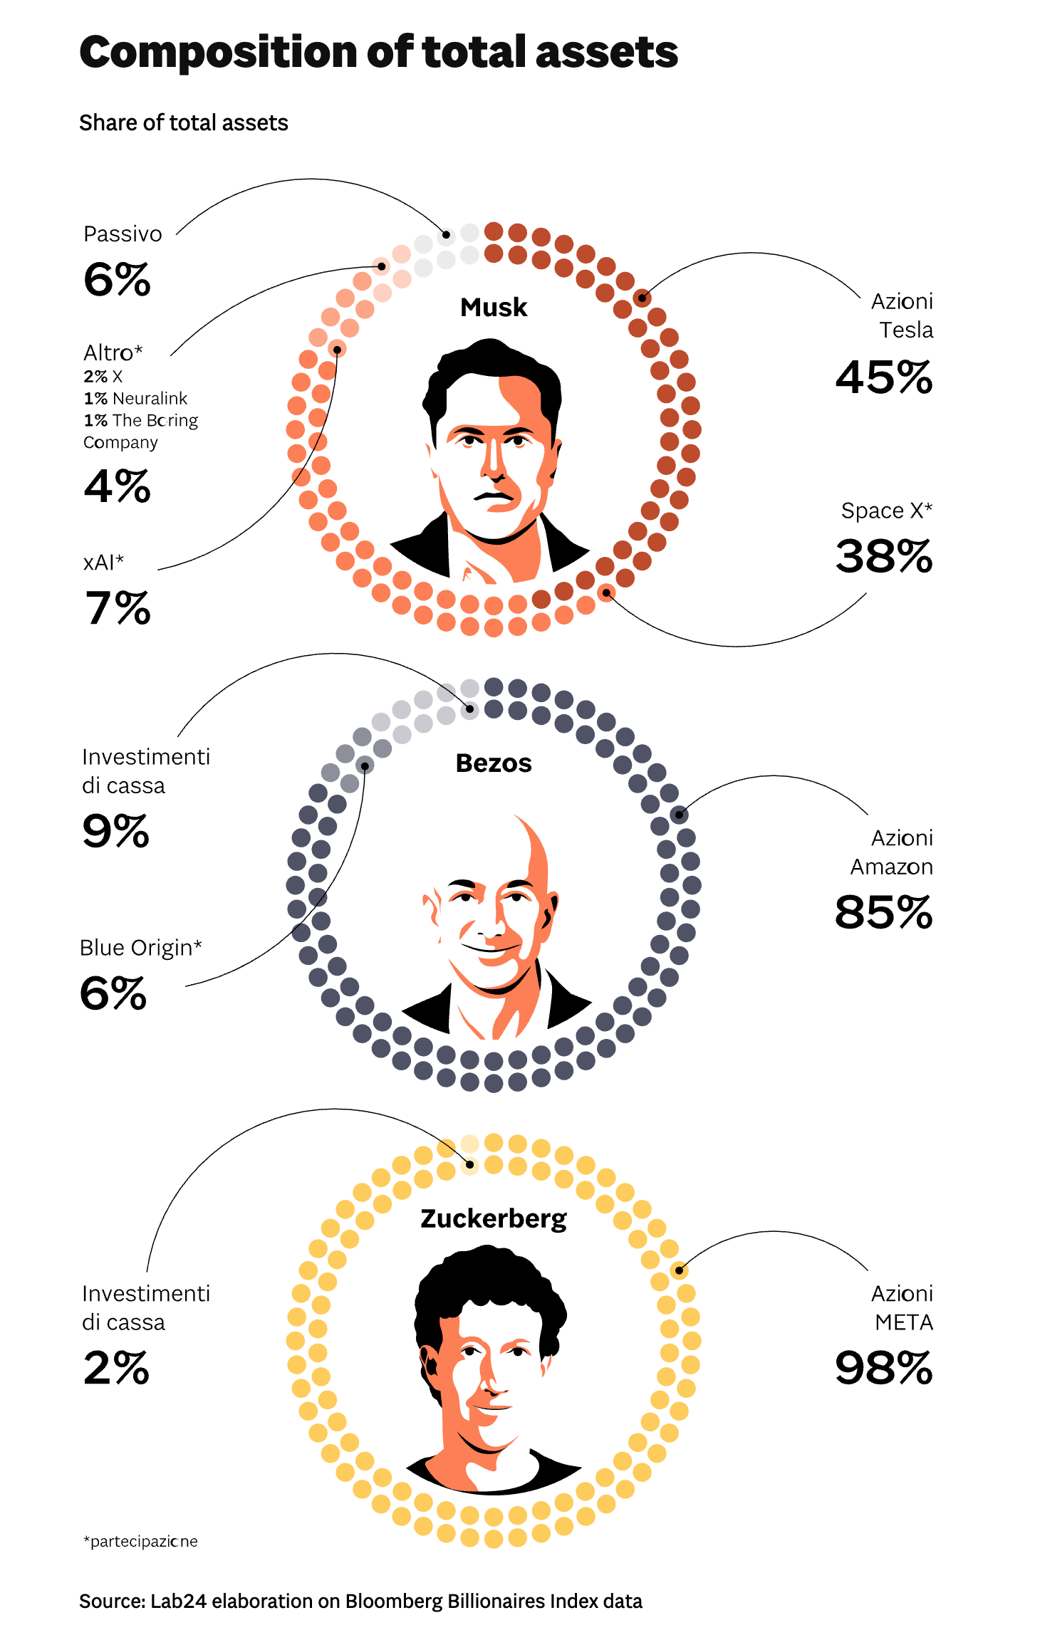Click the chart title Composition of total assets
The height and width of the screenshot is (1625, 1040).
click(x=378, y=53)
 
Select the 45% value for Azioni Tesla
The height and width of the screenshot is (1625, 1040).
click(x=883, y=377)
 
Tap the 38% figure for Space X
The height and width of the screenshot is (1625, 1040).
click(x=883, y=556)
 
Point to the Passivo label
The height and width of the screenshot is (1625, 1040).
click(x=123, y=234)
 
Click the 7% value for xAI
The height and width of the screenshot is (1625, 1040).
click(x=118, y=608)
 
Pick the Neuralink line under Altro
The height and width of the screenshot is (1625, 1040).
click(x=135, y=398)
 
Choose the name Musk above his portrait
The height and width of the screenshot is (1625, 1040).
click(x=494, y=308)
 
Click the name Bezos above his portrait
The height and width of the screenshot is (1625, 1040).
click(x=494, y=763)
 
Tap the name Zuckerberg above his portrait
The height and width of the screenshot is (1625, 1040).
click(x=494, y=1218)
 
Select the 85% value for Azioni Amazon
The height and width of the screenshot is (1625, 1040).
click(x=883, y=912)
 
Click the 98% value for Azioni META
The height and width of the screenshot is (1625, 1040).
click(x=883, y=1368)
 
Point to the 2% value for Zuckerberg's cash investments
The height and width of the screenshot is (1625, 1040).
click(x=116, y=1368)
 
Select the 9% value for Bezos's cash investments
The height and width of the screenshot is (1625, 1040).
click(x=116, y=831)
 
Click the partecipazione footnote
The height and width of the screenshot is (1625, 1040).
click(x=140, y=1542)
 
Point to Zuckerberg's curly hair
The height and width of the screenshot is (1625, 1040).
click(x=492, y=1275)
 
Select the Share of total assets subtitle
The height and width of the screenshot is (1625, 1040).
click(x=184, y=123)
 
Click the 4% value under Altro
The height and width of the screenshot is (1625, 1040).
click(x=118, y=486)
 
